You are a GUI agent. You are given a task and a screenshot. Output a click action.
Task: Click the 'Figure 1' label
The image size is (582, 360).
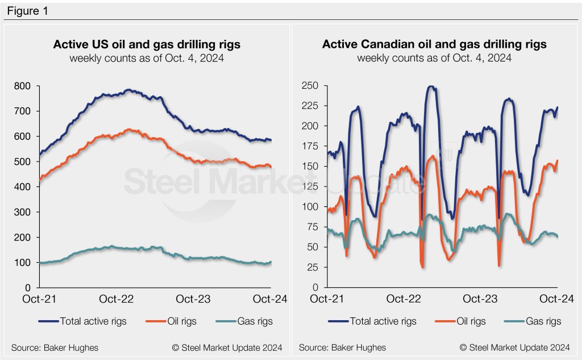27,11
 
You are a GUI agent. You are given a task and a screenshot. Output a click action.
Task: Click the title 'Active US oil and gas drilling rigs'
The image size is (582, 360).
147,44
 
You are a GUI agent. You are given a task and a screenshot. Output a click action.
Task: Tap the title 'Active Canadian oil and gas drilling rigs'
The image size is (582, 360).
434,44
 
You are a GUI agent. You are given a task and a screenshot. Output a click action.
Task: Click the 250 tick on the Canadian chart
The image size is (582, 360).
311,86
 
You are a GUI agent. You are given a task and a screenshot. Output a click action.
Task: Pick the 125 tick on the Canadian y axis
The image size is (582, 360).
311,187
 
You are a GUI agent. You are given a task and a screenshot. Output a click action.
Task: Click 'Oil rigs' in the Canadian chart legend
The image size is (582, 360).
471,321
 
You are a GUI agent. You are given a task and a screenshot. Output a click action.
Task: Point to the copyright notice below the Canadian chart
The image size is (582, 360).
514,347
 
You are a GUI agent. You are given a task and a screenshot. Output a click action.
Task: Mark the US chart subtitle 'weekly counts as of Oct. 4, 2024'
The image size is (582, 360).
147,58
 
